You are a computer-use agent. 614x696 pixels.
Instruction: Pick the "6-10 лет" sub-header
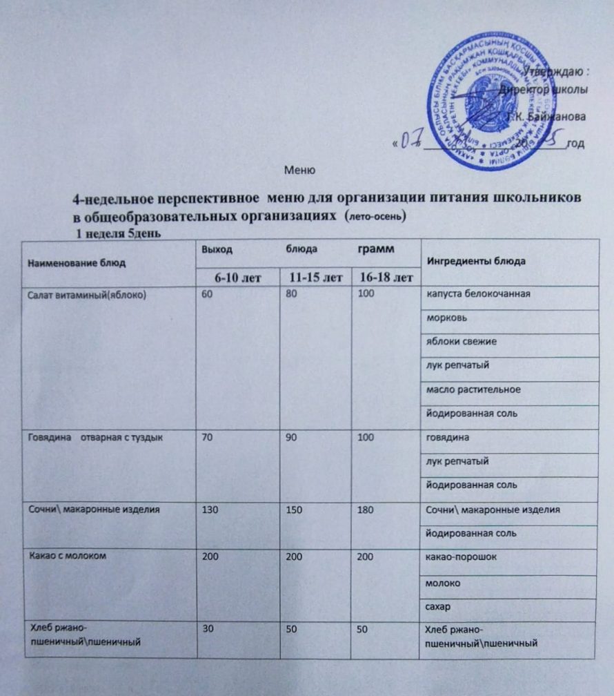[x=235, y=278]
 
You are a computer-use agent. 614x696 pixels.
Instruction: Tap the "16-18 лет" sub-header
[x=382, y=278]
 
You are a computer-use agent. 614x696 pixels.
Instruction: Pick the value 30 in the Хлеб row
[x=206, y=629]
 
